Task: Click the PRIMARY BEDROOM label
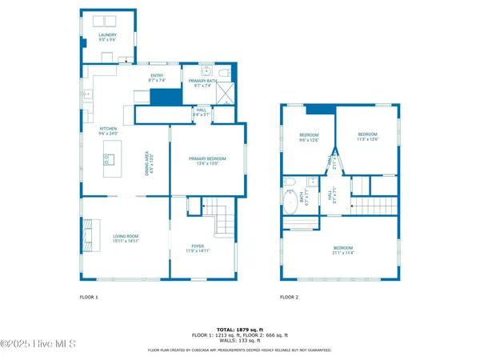click(207, 160)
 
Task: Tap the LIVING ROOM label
click(125, 238)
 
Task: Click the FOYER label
click(198, 248)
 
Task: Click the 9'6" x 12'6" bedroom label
click(309, 136)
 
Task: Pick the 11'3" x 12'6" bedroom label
click(367, 136)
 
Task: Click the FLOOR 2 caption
click(289, 297)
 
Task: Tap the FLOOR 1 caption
click(89, 297)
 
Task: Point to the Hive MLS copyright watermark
click(38, 344)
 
